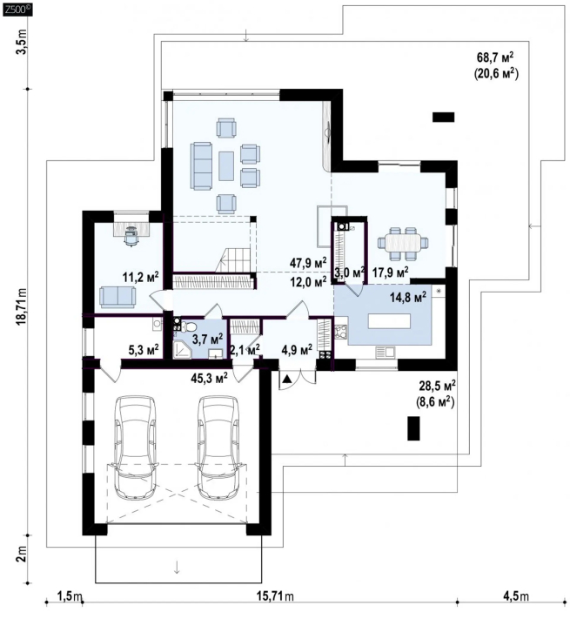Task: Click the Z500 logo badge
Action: pos(17,9)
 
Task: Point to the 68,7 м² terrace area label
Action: pos(495,57)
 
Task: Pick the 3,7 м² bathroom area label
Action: pos(208,339)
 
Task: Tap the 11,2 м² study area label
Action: pos(140,277)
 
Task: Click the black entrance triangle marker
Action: pos(287,380)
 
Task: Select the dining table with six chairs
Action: pos(403,244)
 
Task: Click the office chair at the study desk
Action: pos(131,237)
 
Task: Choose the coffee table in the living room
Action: pos(226,166)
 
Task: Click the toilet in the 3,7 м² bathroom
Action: pos(190,326)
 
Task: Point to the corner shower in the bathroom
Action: pos(182,350)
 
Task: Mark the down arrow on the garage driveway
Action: pos(177,567)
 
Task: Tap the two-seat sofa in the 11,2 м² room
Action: pos(117,297)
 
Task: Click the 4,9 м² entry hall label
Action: pos(297,350)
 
